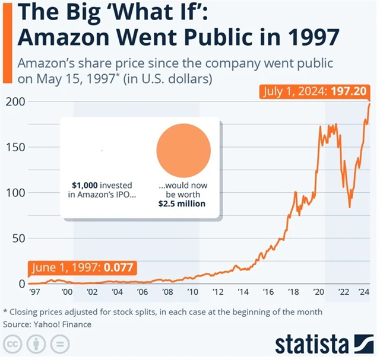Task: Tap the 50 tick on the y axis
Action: (16, 238)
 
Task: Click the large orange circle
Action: (183, 151)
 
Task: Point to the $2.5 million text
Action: (182, 204)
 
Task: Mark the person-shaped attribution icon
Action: (36, 345)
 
